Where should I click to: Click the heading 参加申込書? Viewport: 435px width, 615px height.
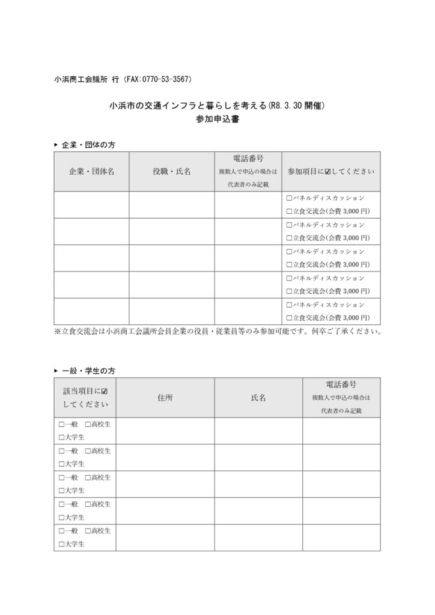tap(217, 119)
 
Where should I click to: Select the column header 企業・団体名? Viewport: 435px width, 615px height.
tap(91, 171)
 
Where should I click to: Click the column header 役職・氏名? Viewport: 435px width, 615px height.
tap(172, 171)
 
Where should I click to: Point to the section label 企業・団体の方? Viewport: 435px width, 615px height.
tap(88, 145)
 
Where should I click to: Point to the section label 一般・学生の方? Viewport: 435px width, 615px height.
tap(88, 371)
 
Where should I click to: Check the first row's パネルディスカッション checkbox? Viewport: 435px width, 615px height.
tap(289, 198)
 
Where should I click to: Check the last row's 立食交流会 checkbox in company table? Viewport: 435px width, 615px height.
tap(289, 318)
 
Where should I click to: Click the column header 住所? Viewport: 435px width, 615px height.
tap(165, 398)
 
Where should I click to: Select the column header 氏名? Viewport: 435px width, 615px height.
tap(258, 398)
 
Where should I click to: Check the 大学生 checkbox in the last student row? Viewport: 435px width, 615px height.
tap(61, 544)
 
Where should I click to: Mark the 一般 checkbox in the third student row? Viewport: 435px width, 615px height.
tap(61, 478)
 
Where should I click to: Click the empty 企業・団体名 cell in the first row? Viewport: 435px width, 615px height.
tap(91, 204)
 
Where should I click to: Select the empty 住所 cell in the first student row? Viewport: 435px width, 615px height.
tap(165, 431)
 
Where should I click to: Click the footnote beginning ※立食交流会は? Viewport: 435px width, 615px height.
tap(217, 331)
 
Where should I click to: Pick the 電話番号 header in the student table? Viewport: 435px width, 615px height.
tap(341, 384)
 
